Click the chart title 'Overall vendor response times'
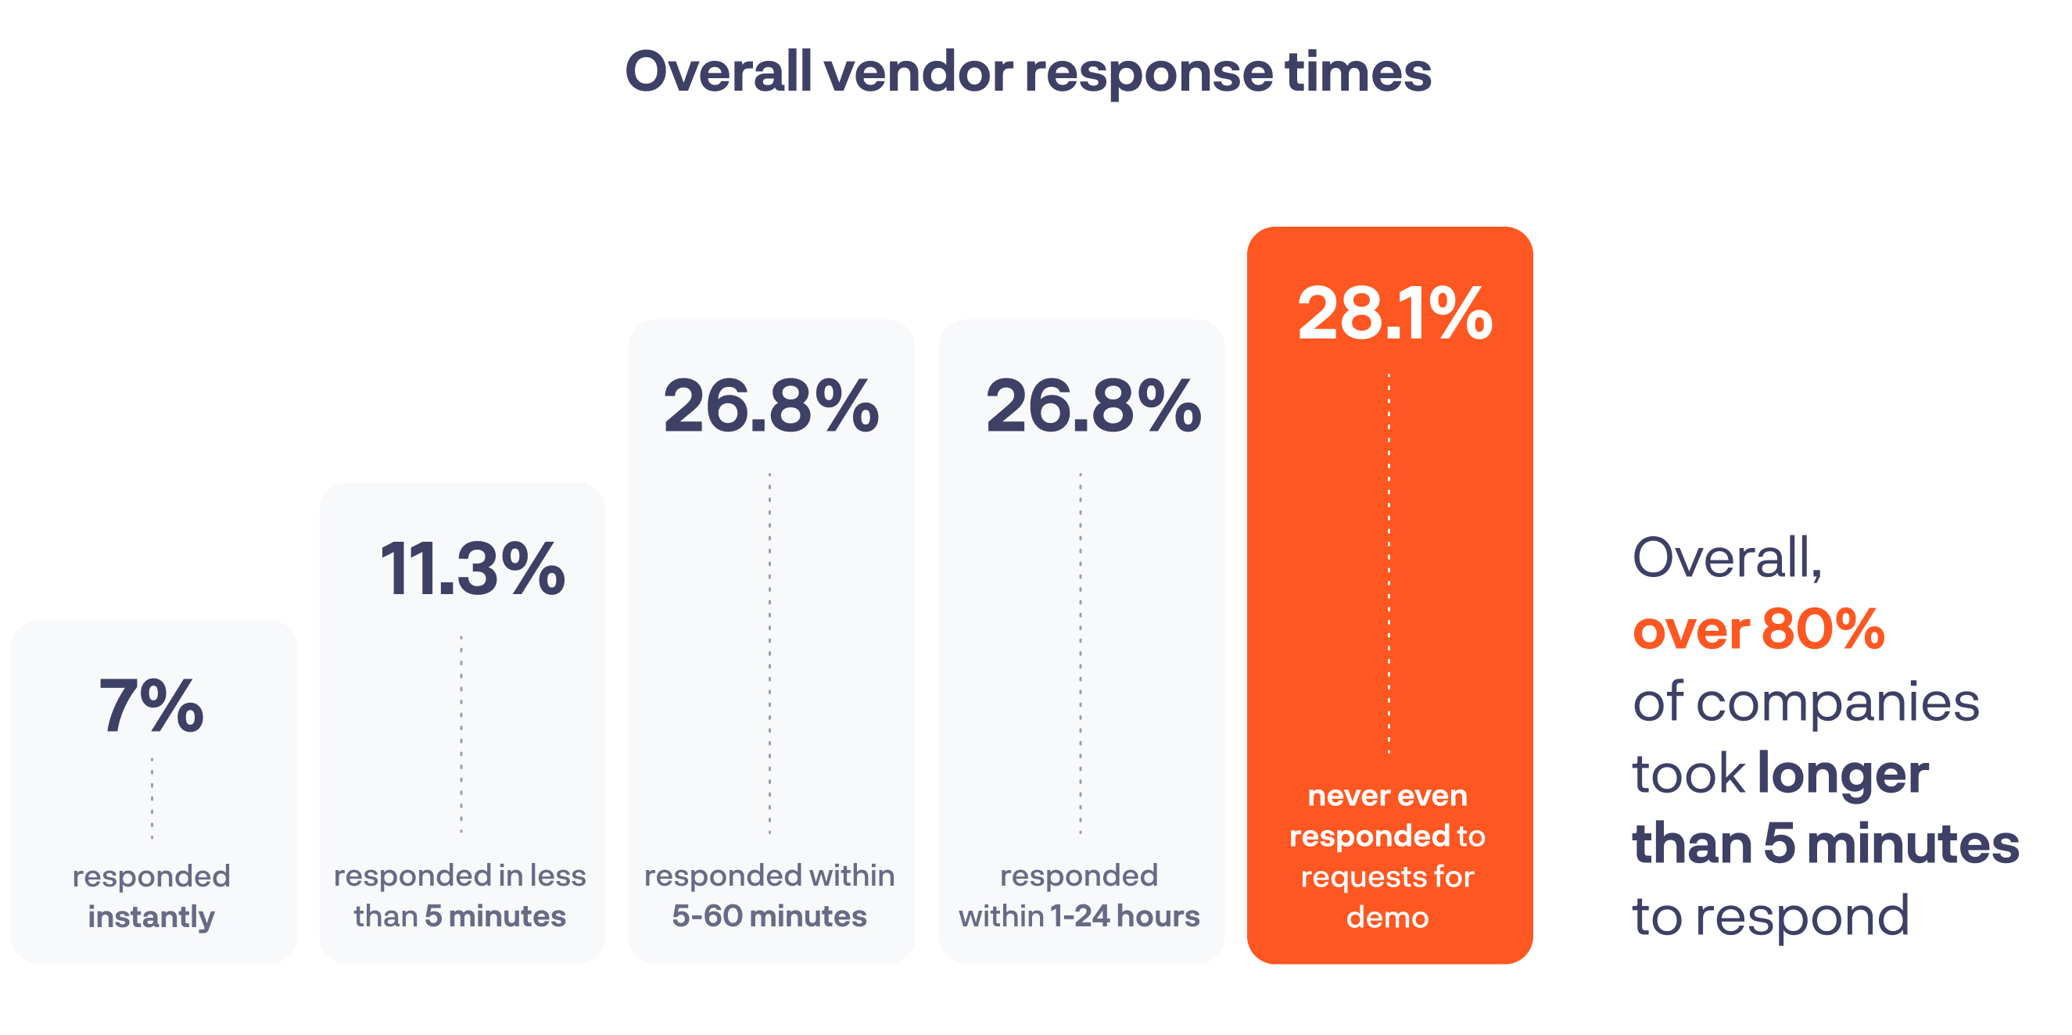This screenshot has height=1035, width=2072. click(1028, 73)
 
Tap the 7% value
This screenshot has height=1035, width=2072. click(151, 706)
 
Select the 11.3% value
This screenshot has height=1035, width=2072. click(472, 569)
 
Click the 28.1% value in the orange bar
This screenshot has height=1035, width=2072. click(1395, 313)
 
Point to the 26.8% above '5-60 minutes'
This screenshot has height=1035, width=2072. click(771, 406)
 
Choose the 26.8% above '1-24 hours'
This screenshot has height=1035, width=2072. click(1093, 406)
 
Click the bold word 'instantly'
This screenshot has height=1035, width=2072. click(151, 917)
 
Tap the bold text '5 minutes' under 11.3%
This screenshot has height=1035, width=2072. click(496, 916)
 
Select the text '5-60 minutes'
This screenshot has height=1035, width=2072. click(769, 916)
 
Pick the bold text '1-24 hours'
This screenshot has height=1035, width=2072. click(1124, 916)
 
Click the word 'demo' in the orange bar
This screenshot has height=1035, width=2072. click(1388, 917)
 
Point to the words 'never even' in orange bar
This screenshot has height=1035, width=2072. click(1388, 795)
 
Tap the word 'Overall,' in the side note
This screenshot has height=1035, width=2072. click(1727, 557)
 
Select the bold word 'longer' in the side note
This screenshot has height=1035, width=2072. click(1843, 774)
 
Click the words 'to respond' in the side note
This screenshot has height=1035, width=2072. click(1770, 916)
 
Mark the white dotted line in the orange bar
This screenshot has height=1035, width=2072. click(1389, 563)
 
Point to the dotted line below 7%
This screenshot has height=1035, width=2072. click(152, 798)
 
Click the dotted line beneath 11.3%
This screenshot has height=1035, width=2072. click(461, 733)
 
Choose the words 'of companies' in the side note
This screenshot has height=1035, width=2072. click(1805, 701)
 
